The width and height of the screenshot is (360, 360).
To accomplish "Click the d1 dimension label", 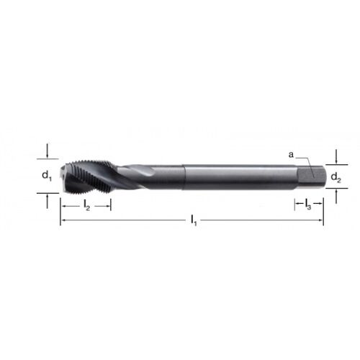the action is [x=47, y=176].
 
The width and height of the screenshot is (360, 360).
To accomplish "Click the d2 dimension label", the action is [x=336, y=178].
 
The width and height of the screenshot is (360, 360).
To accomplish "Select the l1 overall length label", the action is [x=194, y=220].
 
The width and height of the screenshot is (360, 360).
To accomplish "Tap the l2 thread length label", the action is [x=86, y=206].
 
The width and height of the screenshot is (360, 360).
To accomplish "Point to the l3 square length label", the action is [x=308, y=204].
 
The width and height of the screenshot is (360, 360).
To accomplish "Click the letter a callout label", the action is [x=291, y=155].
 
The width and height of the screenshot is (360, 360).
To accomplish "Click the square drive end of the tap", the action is [x=311, y=177].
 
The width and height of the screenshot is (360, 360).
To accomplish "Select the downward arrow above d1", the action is [x=48, y=151].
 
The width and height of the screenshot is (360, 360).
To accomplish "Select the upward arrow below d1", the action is [x=47, y=201].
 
